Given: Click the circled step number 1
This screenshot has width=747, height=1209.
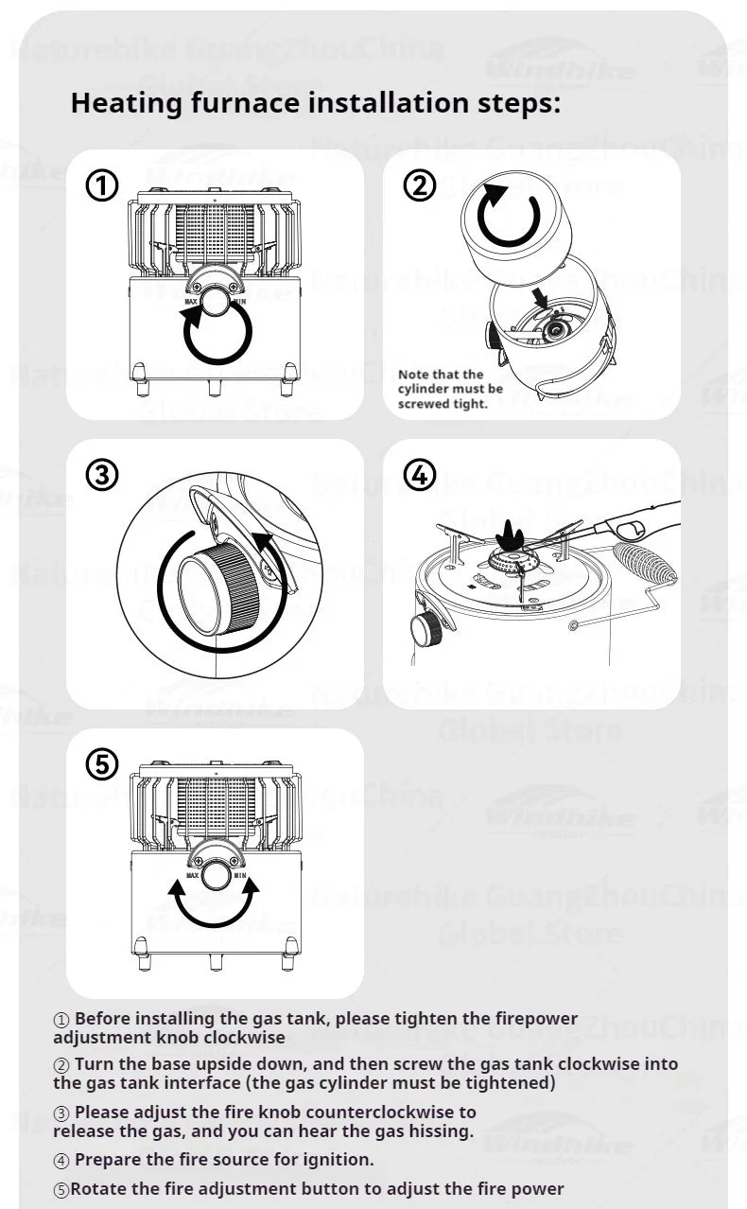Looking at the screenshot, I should pos(102,186).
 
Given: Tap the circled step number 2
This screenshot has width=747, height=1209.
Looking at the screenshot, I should pos(419,186).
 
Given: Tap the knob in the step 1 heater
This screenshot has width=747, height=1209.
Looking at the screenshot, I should pos(217,306).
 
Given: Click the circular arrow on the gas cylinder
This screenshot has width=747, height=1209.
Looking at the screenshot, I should pos(510,215).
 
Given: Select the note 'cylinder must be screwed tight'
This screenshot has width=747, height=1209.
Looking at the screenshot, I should pos(449,389).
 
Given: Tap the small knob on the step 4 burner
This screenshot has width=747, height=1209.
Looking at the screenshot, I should pos(426,627).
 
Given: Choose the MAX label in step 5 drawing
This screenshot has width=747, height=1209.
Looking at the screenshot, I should pos(193,876).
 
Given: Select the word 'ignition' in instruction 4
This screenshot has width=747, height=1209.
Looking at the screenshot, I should pos(339,1159).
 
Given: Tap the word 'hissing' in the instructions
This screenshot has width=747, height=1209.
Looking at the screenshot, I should pos(439,1130).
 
